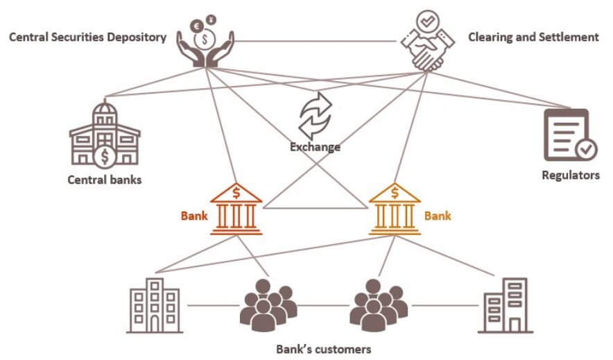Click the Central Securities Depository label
(x=87, y=37)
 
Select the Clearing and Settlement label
(x=533, y=37)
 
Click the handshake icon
(x=424, y=43)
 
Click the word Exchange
(x=315, y=147)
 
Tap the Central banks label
(x=105, y=180)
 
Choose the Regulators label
(x=570, y=175)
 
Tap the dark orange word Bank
(x=194, y=216)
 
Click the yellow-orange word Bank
(x=438, y=216)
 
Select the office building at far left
(x=155, y=305)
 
